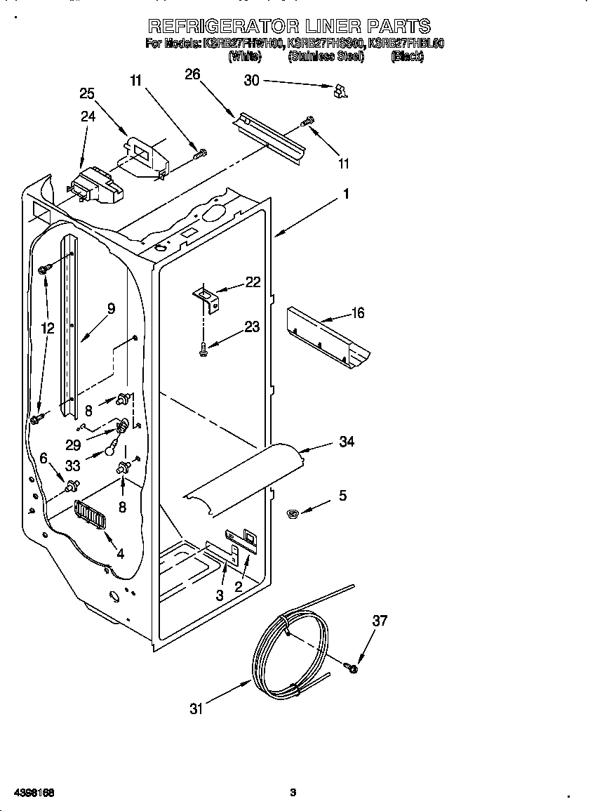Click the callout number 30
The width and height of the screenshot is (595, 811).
tap(251, 81)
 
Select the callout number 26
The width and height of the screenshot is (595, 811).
tap(193, 74)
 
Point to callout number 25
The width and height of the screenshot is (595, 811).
tap(87, 93)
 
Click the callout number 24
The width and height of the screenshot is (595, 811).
tap(88, 117)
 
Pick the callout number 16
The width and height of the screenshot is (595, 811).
tap(357, 313)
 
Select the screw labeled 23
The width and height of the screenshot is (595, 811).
tap(203, 349)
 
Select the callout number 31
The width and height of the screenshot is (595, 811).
tap(196, 709)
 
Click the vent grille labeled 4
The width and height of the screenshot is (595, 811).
tap(89, 517)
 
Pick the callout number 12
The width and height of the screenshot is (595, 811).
tap(47, 327)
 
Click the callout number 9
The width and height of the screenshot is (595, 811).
tap(111, 308)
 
